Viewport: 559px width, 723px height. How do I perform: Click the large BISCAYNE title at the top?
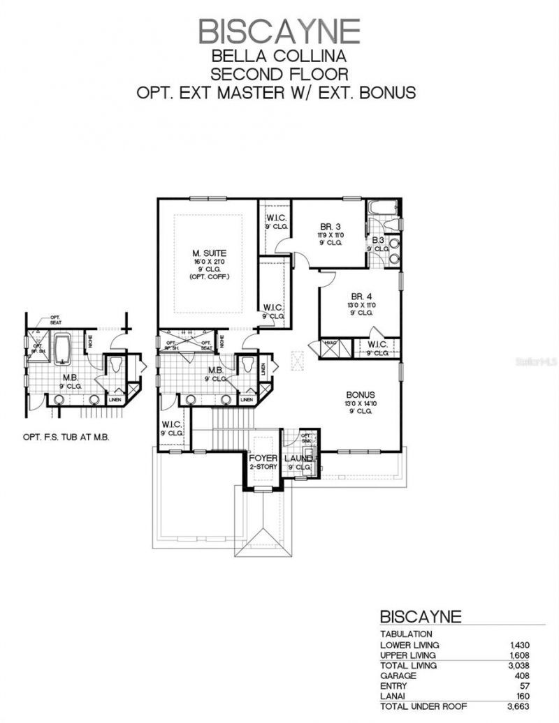pyautogui.click(x=279, y=31)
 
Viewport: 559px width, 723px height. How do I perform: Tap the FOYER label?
pyautogui.click(x=264, y=459)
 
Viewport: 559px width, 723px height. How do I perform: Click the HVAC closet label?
pyautogui.click(x=329, y=343)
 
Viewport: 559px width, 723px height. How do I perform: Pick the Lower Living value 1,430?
pyautogui.click(x=521, y=645)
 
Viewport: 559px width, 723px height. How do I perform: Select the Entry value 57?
pyautogui.click(x=527, y=686)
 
